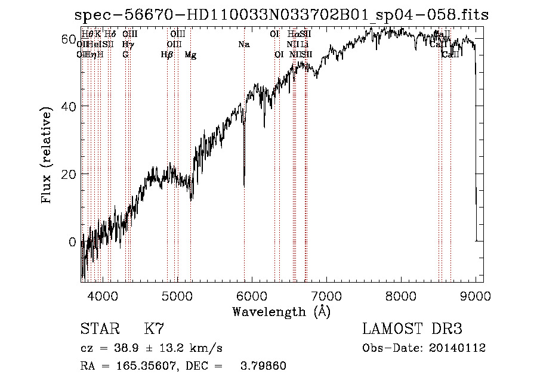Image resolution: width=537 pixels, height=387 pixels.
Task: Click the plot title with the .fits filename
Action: [x=280, y=15]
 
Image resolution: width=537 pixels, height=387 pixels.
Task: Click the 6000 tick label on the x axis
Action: [x=252, y=295]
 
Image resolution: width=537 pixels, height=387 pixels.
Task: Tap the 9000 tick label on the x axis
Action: [x=476, y=295]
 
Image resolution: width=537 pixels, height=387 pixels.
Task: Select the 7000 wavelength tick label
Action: [x=326, y=295]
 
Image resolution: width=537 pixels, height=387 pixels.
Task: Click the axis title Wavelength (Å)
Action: [x=281, y=311]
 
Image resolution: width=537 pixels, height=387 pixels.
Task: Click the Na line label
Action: [x=243, y=45]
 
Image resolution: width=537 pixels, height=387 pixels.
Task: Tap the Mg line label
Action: [x=190, y=55]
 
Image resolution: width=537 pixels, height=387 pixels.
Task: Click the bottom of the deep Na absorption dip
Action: [x=244, y=186]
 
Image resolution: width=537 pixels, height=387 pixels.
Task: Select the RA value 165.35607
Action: [x=143, y=366]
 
